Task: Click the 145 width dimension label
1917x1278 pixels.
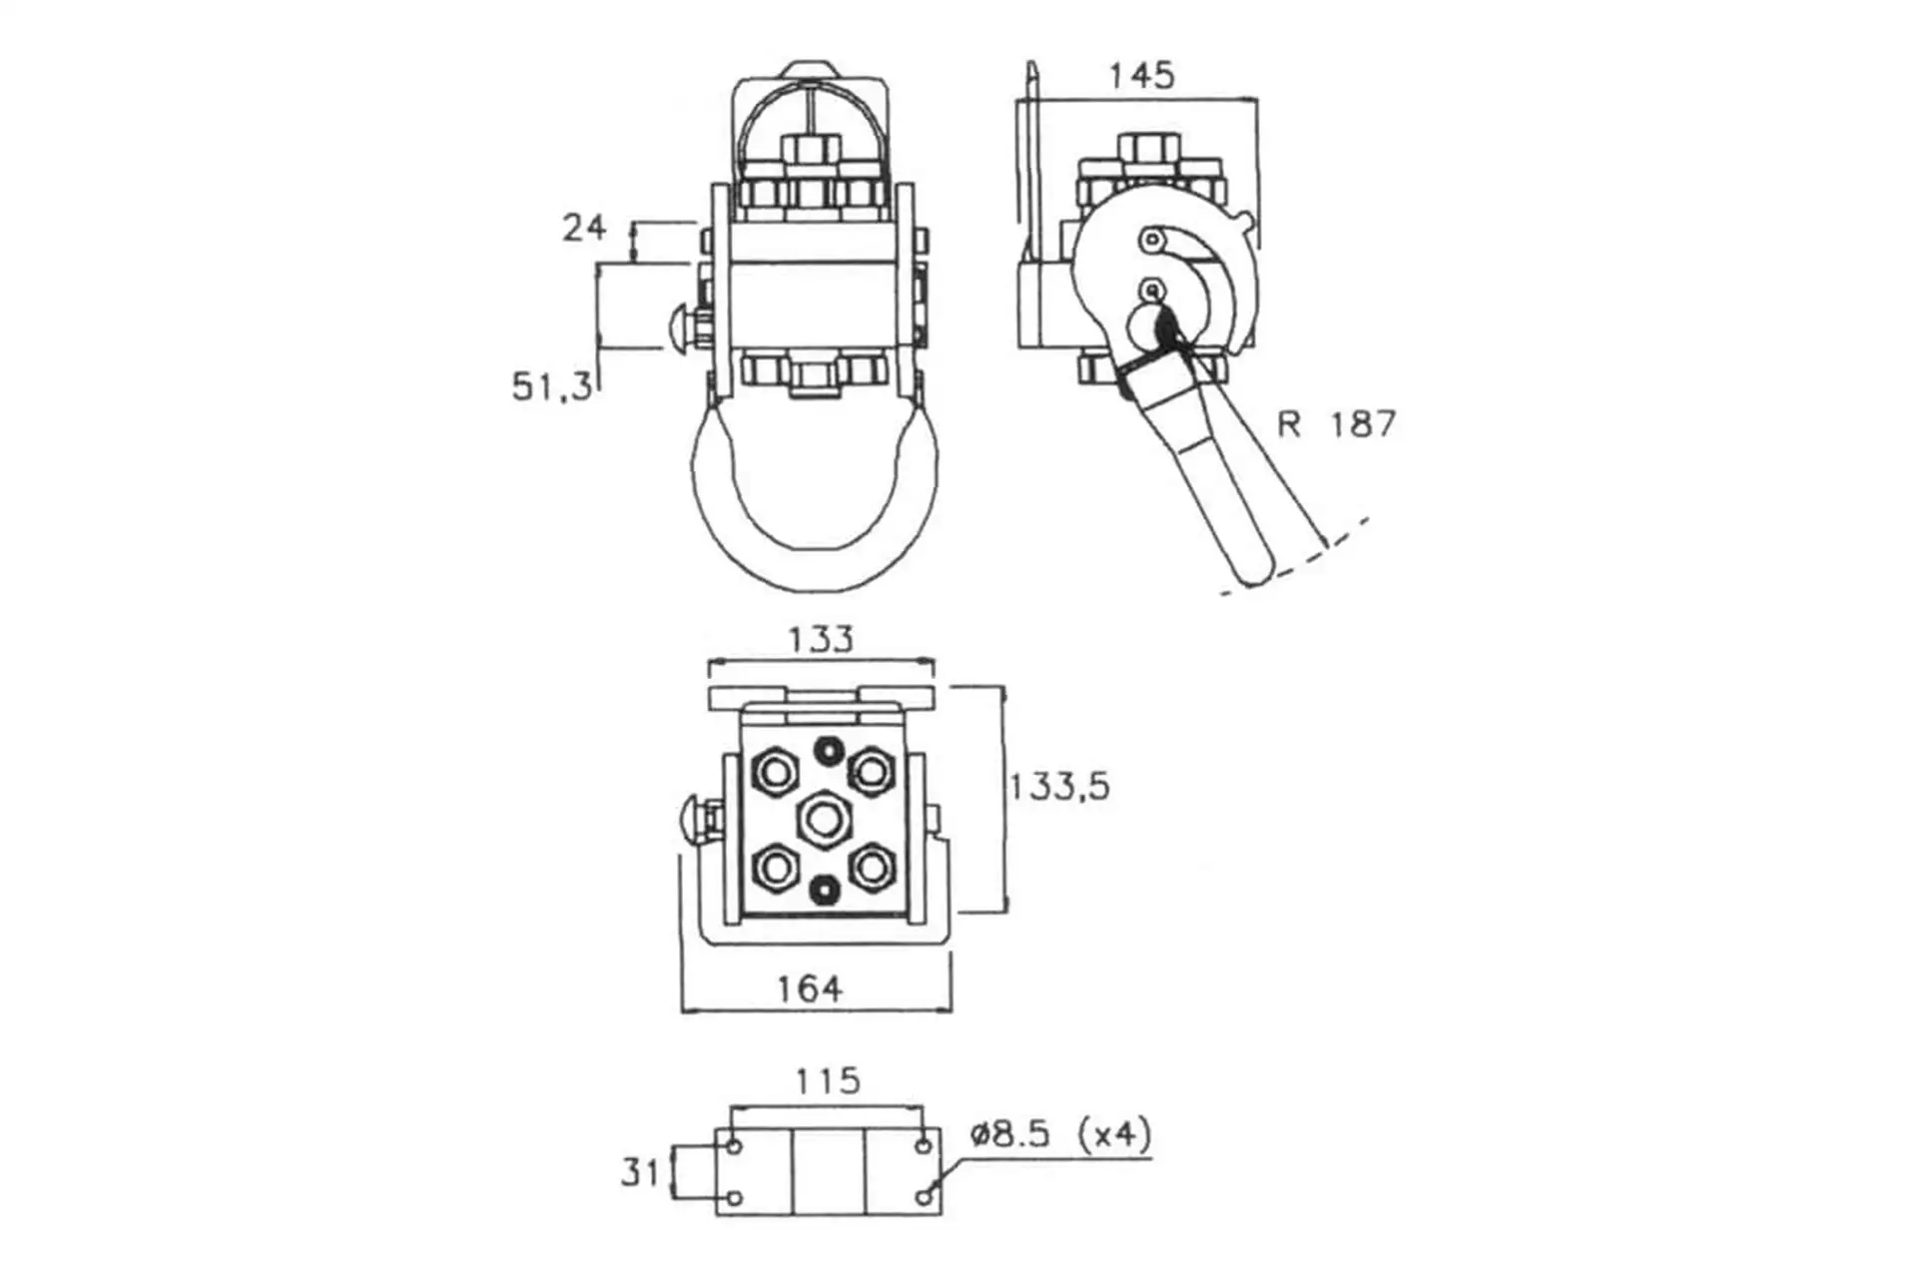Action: (1142, 76)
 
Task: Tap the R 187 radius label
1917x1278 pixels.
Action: (1336, 424)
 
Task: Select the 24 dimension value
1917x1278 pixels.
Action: (584, 228)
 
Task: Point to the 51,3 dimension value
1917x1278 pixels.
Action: (552, 386)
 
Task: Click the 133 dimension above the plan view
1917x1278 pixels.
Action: (821, 639)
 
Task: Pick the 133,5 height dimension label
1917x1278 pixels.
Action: (1059, 787)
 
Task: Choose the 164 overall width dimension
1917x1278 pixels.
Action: (810, 989)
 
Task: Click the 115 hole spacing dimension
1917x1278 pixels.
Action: (828, 1081)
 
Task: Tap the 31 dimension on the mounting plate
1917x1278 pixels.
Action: (640, 1172)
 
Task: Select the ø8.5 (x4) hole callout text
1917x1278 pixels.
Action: (1060, 1134)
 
